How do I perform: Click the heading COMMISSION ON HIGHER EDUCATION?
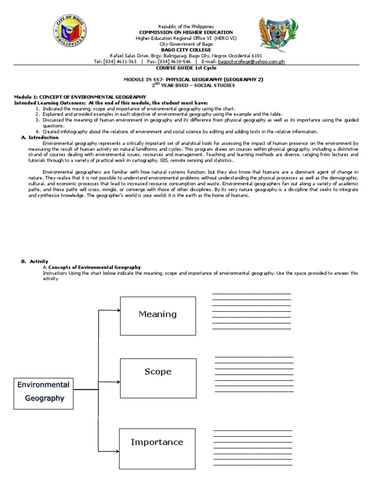coord(186,32)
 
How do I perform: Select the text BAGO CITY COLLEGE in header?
coord(186,50)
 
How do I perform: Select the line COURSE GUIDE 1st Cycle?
coord(186,68)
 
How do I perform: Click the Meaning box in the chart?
coord(157,315)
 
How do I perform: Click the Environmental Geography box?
coord(43,392)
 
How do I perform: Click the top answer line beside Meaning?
coord(251,294)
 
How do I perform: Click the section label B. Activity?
coord(34,261)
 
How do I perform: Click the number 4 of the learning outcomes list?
coord(37,132)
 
